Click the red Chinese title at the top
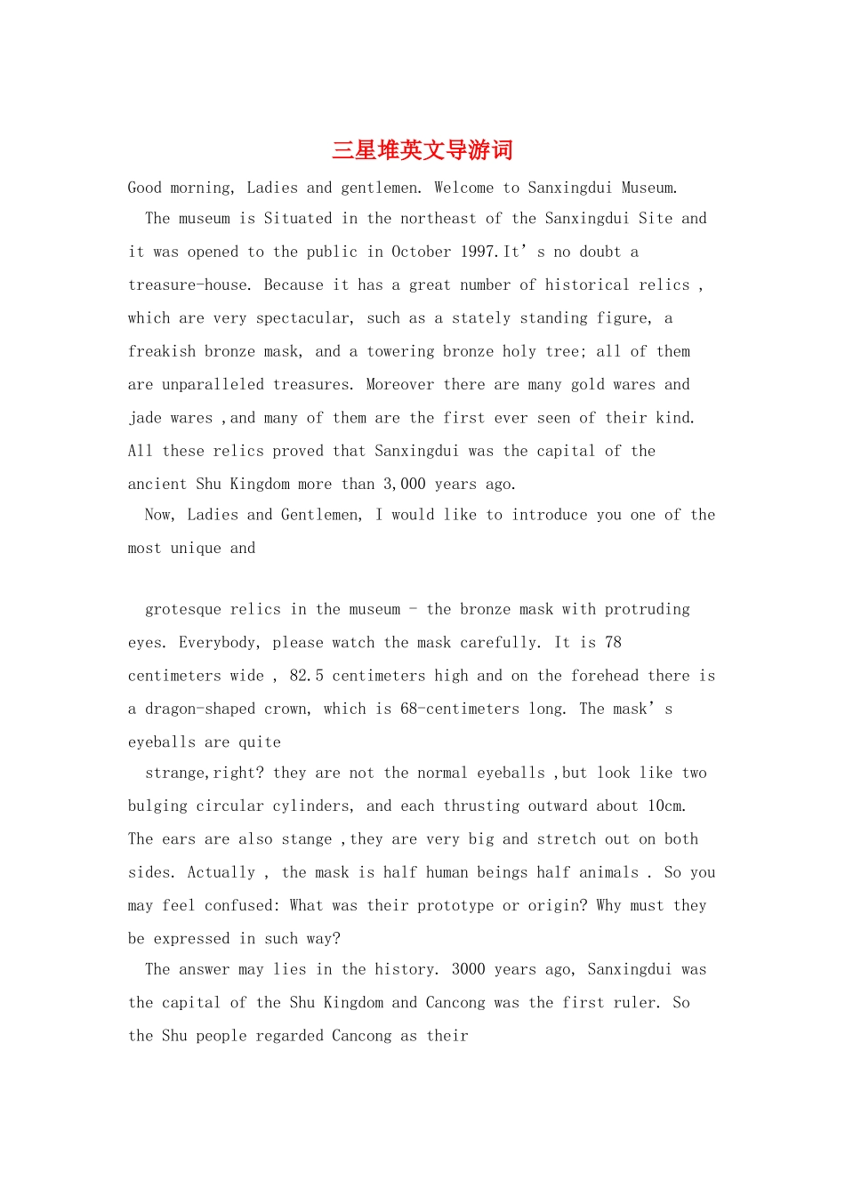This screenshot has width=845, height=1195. [422, 150]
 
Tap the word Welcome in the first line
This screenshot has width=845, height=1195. [463, 188]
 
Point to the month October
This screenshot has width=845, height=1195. [421, 252]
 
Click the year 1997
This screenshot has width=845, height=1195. [479, 252]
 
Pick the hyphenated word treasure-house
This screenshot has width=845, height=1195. [188, 285]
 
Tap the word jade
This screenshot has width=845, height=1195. [145, 418]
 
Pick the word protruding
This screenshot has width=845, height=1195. [647, 610]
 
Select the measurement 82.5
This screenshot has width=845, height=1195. [306, 676]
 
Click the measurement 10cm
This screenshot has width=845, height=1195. [665, 806]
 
